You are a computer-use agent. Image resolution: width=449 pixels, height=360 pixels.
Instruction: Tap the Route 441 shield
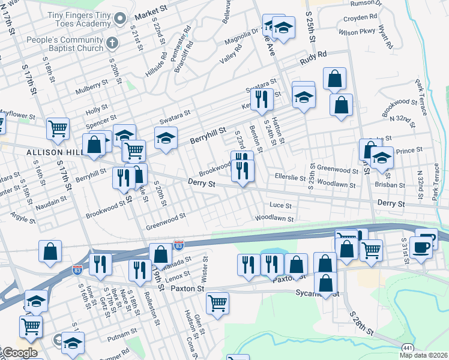407,349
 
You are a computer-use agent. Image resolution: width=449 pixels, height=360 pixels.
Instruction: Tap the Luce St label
280,205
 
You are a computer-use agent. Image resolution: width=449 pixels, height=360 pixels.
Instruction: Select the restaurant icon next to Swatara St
261,100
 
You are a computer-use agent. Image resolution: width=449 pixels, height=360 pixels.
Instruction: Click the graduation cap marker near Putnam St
73,344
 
